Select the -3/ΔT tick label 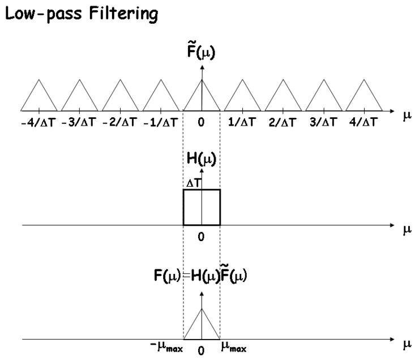[x=79, y=122]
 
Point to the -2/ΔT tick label [x=120, y=122]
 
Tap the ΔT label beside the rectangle [x=193, y=185]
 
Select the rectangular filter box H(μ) [x=202, y=208]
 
